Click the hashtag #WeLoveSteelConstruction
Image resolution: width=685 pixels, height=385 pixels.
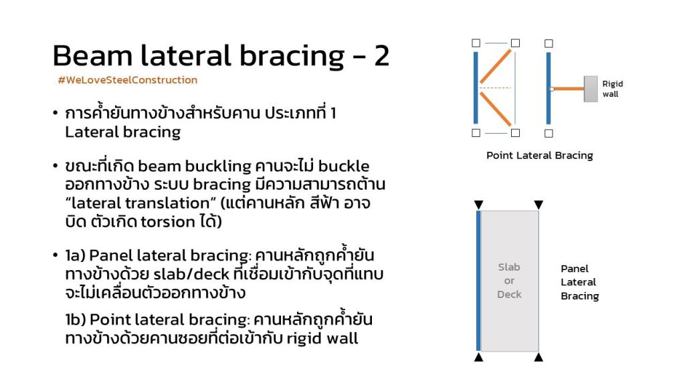pyautogui.click(x=128, y=80)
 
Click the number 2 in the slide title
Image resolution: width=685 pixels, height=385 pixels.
pyautogui.click(x=381, y=55)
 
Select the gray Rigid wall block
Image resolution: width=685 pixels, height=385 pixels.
pyautogui.click(x=591, y=89)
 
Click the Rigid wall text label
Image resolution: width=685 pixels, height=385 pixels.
pyautogui.click(x=613, y=89)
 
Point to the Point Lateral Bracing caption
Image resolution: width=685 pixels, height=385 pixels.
pyautogui.click(x=540, y=156)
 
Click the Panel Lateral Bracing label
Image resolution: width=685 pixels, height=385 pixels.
pyautogui.click(x=580, y=282)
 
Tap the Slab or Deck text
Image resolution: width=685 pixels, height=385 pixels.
pyautogui.click(x=509, y=281)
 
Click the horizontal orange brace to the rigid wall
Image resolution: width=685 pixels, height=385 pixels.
pyautogui.click(x=569, y=89)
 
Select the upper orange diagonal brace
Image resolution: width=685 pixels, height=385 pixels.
pyautogui.click(x=496, y=66)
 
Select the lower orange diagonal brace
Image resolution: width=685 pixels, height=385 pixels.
pyautogui.click(x=496, y=109)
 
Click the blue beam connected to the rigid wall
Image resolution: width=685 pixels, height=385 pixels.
pyautogui.click(x=549, y=88)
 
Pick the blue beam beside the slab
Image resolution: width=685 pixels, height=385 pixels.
pyautogui.click(x=478, y=281)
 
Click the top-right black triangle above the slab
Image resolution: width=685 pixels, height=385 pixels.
pyautogui.click(x=539, y=205)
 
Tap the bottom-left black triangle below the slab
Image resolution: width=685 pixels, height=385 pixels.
pyautogui.click(x=479, y=358)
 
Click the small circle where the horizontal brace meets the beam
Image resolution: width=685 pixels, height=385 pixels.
pyautogui.click(x=552, y=89)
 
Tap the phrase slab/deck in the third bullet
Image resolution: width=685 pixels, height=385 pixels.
pyautogui.click(x=191, y=274)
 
